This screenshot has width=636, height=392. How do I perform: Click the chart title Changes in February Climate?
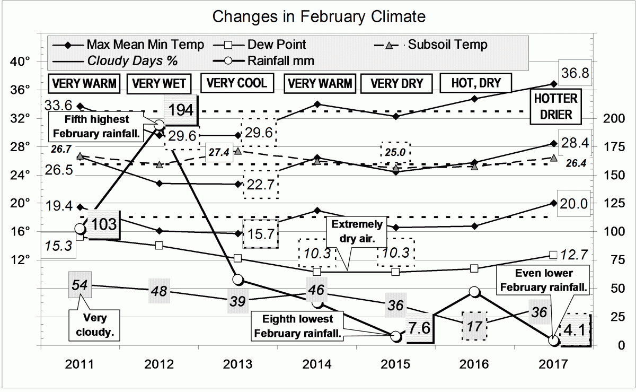click(319, 16)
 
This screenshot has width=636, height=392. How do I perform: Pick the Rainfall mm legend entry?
click(281, 60)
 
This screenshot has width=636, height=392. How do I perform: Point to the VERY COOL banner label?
click(236, 83)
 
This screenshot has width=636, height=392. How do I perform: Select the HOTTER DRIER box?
click(556, 107)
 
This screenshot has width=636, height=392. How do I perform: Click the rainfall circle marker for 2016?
click(475, 292)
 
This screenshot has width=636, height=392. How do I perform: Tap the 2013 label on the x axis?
click(237, 365)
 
